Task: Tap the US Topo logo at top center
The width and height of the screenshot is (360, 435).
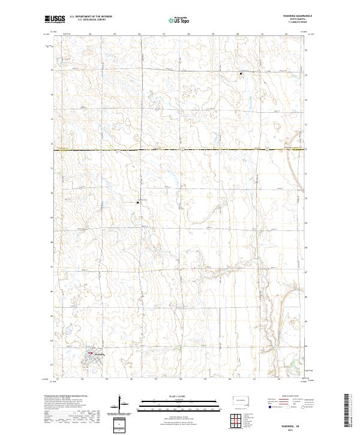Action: [176, 20]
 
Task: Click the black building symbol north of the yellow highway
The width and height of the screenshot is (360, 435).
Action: [241, 74]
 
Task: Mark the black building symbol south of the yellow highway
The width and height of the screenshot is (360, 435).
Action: [139, 203]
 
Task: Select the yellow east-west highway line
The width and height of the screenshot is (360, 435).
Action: [180, 149]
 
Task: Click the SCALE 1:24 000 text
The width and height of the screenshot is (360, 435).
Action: [179, 396]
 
